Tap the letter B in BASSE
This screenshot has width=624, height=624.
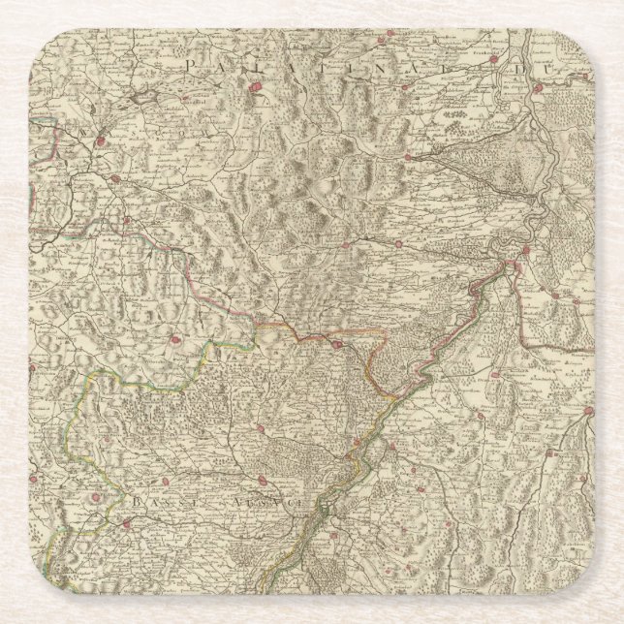point(137,504)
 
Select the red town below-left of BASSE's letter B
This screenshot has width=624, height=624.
point(125,525)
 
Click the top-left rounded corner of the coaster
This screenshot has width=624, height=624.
point(39,39)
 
